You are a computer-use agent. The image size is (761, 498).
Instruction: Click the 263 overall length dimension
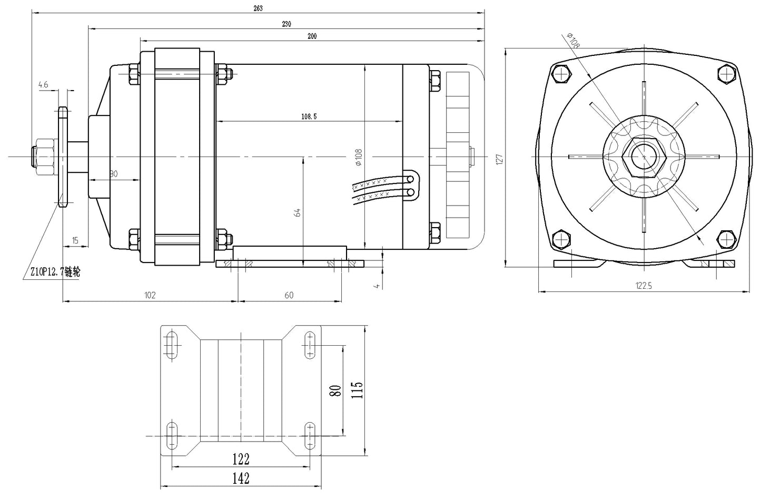click(258, 8)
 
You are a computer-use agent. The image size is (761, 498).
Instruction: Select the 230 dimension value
click(286, 24)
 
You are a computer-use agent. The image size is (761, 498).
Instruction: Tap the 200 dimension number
click(312, 36)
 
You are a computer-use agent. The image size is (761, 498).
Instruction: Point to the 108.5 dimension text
click(308, 116)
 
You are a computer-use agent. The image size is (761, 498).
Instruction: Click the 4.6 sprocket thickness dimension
click(43, 84)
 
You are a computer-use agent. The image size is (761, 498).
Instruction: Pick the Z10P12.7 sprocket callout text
click(55, 272)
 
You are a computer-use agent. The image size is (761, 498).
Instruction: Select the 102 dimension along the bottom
click(150, 295)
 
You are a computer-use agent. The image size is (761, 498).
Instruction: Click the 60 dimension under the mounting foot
click(289, 295)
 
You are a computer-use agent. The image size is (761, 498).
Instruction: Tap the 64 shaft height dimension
click(297, 212)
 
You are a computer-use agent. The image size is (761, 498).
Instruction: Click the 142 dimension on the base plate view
click(241, 479)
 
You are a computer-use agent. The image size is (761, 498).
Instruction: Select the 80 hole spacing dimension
click(334, 390)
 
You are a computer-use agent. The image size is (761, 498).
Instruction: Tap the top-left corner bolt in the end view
click(562, 74)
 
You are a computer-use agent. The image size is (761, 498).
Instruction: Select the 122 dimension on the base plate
click(241, 459)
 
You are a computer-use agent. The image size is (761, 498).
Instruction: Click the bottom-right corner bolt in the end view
click(727, 240)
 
